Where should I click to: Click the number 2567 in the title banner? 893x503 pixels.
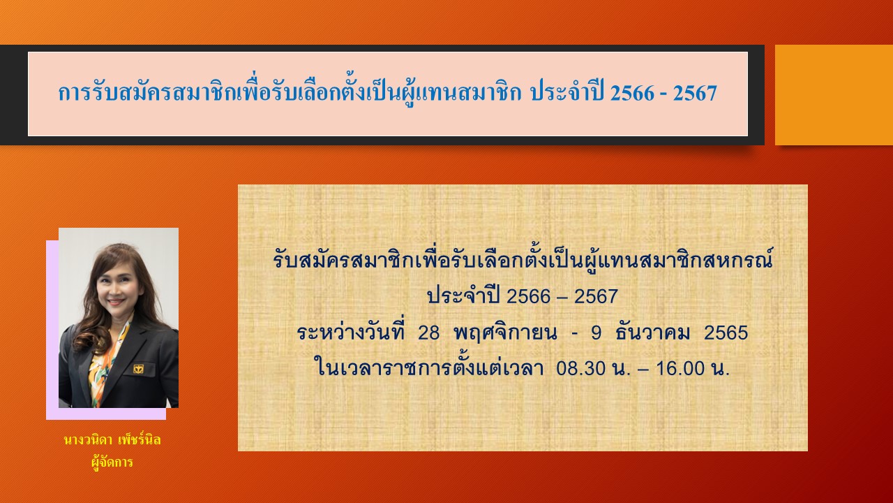(695, 94)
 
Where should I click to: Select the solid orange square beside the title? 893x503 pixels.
(834, 95)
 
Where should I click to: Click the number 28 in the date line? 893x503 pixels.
(428, 333)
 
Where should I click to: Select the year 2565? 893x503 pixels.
(726, 333)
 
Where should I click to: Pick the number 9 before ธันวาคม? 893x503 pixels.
(596, 333)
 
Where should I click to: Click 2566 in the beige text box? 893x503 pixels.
(530, 297)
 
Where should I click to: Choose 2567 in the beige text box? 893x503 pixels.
(596, 297)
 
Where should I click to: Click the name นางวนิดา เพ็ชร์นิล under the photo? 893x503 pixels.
(112, 441)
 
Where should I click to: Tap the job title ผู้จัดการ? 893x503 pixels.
(112, 462)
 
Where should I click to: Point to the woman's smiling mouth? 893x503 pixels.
(115, 300)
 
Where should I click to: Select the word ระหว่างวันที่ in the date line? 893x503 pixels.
(350, 331)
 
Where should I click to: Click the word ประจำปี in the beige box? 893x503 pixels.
(463, 296)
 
